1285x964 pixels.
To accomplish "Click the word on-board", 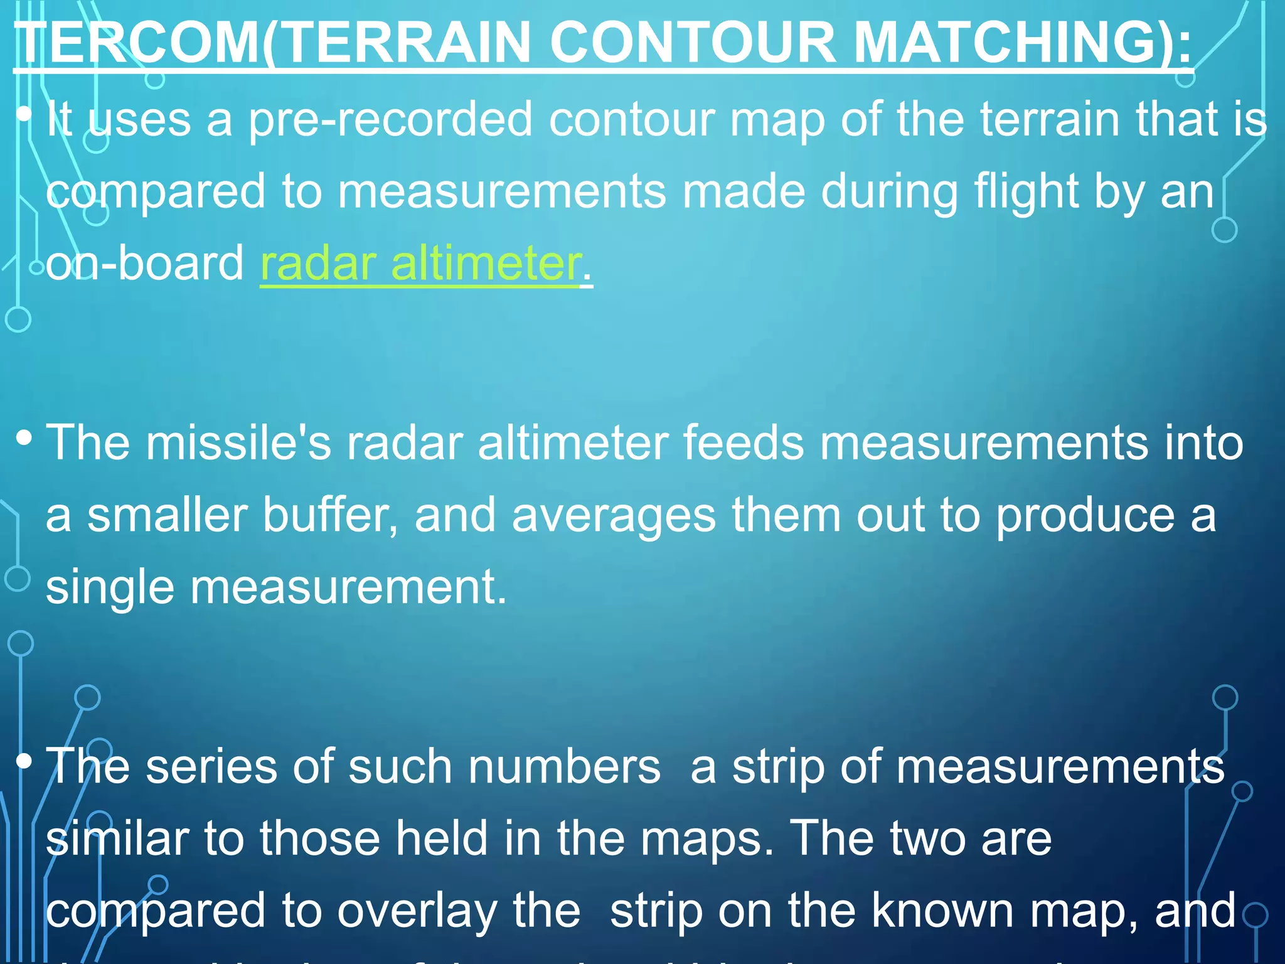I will [145, 264].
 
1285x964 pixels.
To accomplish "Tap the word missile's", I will [238, 443].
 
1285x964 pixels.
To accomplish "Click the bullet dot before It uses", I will [24, 115].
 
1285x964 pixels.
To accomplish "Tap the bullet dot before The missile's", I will [24, 438].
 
